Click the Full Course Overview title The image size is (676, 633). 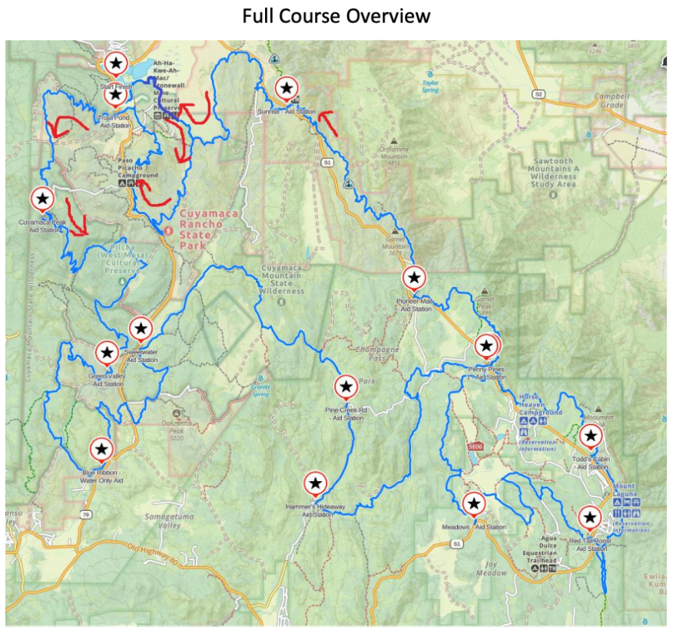click(x=336, y=15)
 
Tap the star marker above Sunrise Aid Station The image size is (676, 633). click(x=287, y=89)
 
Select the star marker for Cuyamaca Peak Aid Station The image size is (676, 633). click(x=43, y=199)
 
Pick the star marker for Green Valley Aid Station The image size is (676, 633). click(x=107, y=352)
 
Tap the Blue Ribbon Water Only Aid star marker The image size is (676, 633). click(x=101, y=449)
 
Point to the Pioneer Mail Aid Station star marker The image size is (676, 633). click(x=414, y=277)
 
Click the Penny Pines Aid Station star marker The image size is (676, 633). click(x=485, y=346)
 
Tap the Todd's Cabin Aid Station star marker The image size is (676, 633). click(x=590, y=437)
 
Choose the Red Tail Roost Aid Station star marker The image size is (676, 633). click(x=590, y=518)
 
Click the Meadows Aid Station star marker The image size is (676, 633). click(x=474, y=503)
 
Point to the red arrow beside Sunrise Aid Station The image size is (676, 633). click(x=326, y=120)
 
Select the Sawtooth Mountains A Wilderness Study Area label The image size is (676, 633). click(x=552, y=173)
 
